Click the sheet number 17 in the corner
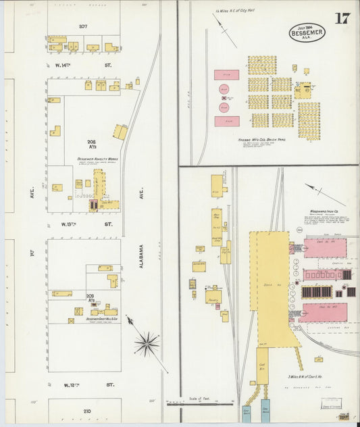(x=342, y=18)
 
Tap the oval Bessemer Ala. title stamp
(x=307, y=32)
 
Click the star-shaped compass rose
(x=146, y=344)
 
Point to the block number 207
(x=83, y=26)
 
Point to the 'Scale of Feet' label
(x=197, y=399)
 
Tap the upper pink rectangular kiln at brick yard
(x=226, y=75)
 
